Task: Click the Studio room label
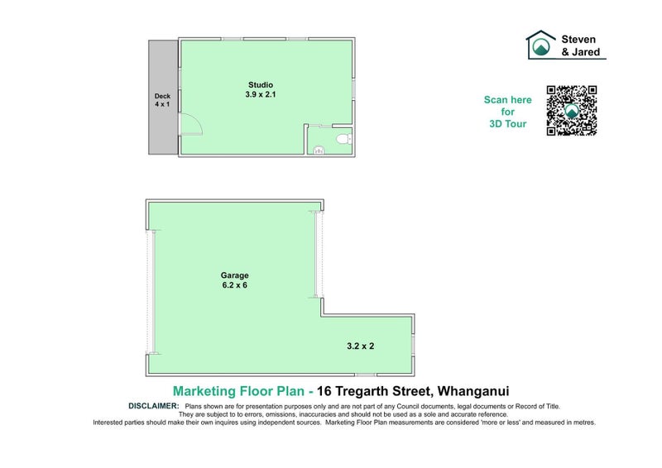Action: click(261, 84)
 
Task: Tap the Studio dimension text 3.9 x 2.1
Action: click(261, 95)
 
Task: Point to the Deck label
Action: click(161, 96)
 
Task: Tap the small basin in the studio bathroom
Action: click(319, 150)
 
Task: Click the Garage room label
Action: click(234, 275)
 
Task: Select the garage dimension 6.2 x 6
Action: click(234, 286)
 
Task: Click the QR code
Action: click(571, 110)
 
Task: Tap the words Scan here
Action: click(507, 100)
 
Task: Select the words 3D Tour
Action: click(507, 124)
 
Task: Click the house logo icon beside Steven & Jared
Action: click(541, 45)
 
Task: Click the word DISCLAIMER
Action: click(155, 406)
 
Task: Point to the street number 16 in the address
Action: click(329, 390)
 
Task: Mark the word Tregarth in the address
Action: click(367, 390)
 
